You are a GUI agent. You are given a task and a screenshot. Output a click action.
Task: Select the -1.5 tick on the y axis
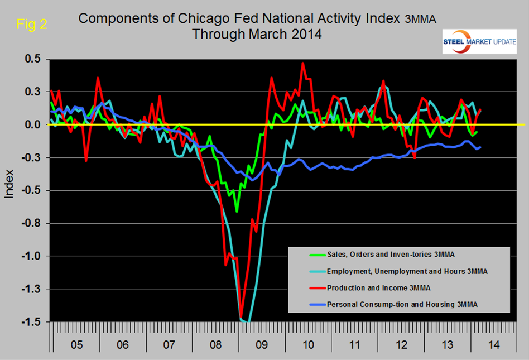tap(39, 322)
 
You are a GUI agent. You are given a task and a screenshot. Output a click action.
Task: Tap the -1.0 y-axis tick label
tap(39, 256)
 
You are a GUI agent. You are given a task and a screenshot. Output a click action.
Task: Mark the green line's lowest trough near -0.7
tap(237, 212)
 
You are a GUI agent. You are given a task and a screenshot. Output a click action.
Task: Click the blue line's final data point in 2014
tap(480, 147)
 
